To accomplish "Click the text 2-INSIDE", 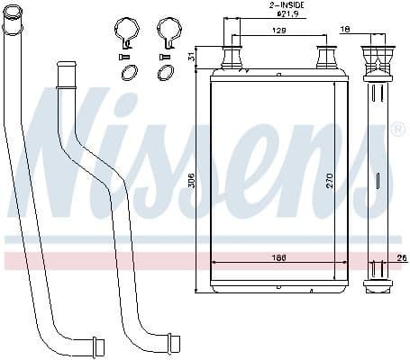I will point(286,5).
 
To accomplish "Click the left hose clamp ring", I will point(127,32).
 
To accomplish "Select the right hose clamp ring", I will point(168,32).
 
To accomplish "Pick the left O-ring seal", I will point(128,73).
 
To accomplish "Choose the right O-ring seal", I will point(166,73).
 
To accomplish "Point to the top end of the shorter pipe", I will point(67,68).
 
